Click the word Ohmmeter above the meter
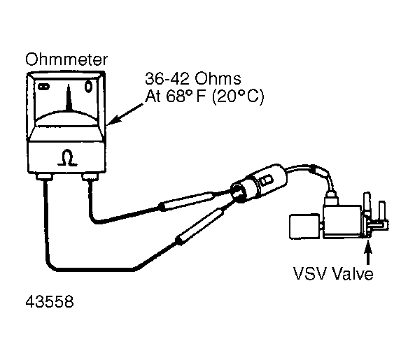pyautogui.click(x=66, y=59)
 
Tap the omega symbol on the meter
pyautogui.click(x=67, y=158)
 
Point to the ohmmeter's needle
pyautogui.click(x=69, y=97)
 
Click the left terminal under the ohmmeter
pyautogui.click(x=44, y=177)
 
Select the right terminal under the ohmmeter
pyautogui.click(x=90, y=177)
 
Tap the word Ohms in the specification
pyautogui.click(x=218, y=79)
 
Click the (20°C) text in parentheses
pyautogui.click(x=238, y=96)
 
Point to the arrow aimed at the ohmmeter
pyautogui.click(x=125, y=114)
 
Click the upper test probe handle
pyautogui.click(x=187, y=201)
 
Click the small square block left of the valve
pyautogui.click(x=305, y=226)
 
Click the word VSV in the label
pyautogui.click(x=311, y=273)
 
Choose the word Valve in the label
pyautogui.click(x=353, y=273)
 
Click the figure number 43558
pyautogui.click(x=50, y=301)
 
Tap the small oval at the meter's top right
pyautogui.click(x=88, y=87)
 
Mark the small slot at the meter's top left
pyautogui.click(x=43, y=87)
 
